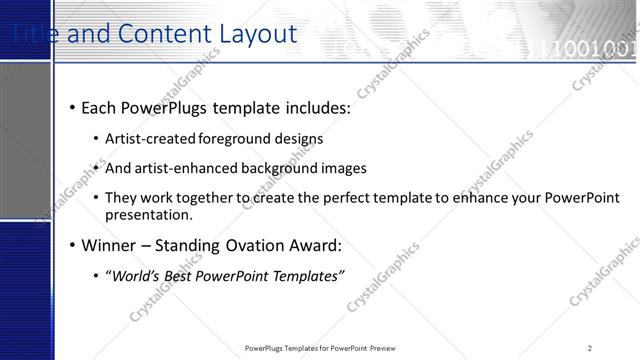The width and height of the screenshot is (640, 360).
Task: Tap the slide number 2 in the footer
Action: click(590, 347)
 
